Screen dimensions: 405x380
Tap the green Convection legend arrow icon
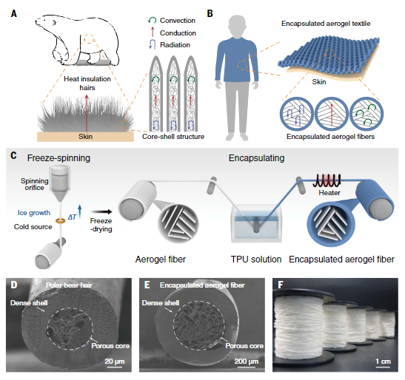click(152, 21)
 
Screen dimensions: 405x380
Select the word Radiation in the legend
click(175, 45)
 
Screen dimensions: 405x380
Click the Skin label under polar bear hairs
click(85, 137)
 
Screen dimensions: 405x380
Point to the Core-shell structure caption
click(173, 137)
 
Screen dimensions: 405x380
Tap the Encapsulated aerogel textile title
click(326, 24)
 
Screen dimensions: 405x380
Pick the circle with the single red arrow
click(332, 114)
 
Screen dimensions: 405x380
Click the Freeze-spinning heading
click(58, 158)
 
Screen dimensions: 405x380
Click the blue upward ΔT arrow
click(80, 211)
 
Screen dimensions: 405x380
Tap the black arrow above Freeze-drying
click(101, 212)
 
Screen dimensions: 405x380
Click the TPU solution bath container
click(255, 223)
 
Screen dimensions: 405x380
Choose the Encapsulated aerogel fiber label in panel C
click(341, 259)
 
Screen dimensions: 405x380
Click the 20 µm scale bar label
click(115, 362)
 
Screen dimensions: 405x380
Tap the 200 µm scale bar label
click(247, 362)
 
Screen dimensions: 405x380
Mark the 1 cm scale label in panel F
click(383, 362)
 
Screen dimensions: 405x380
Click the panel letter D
click(14, 285)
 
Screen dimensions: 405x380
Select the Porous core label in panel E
click(244, 346)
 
